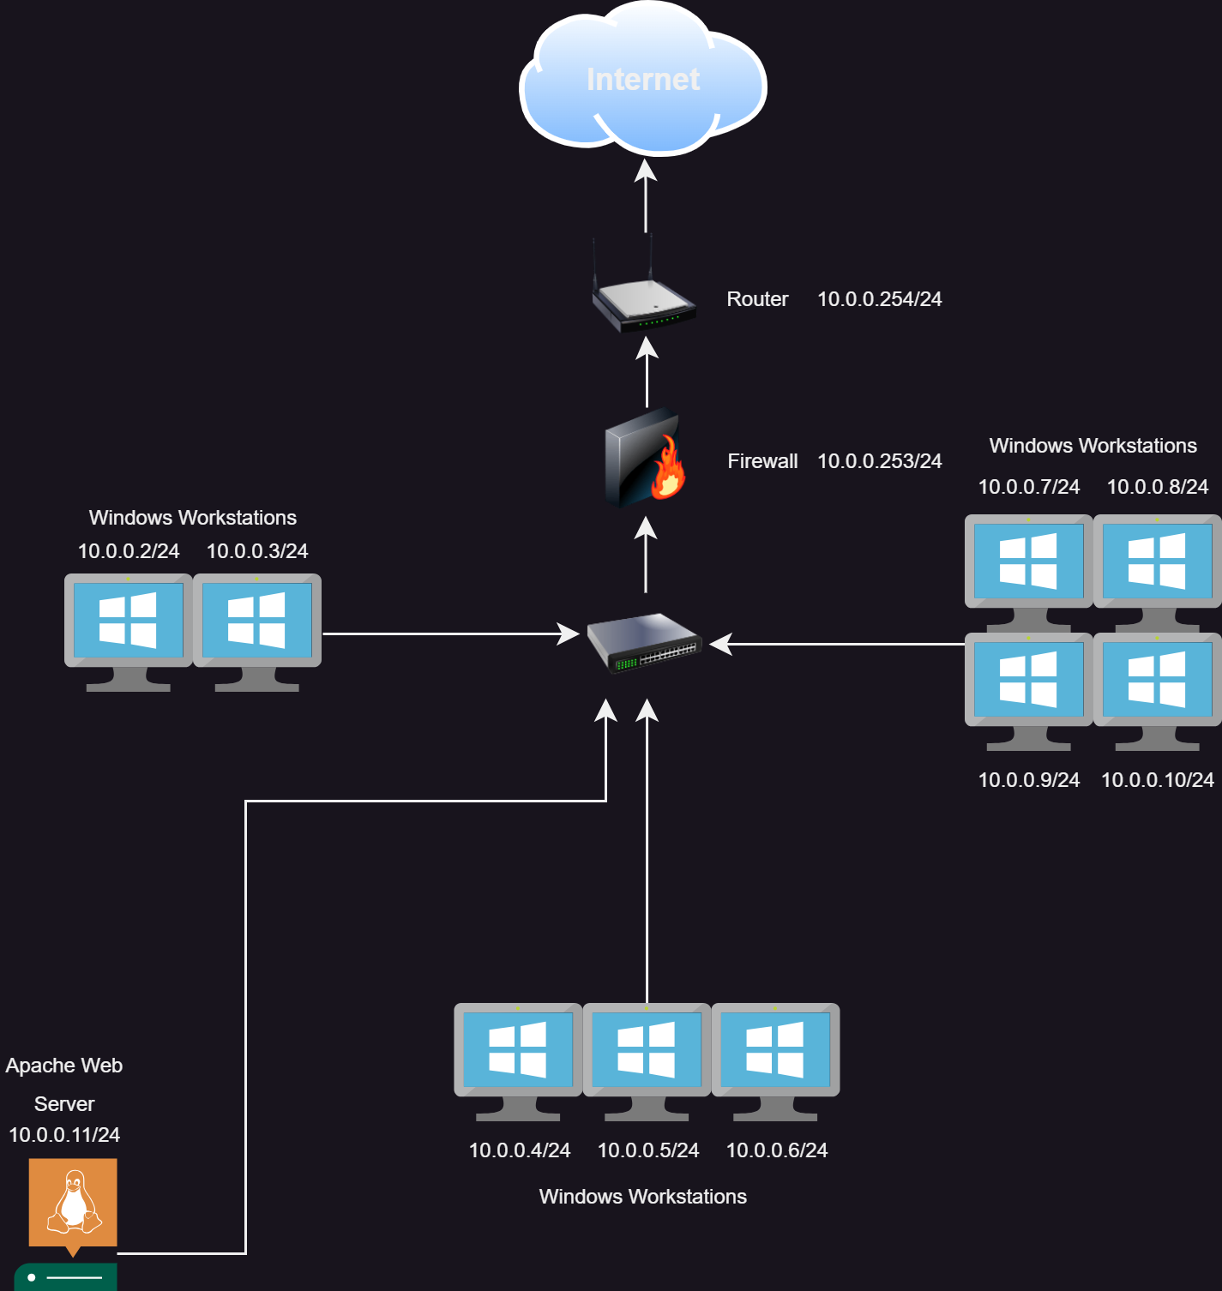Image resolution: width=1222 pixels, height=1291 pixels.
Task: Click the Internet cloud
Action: (643, 79)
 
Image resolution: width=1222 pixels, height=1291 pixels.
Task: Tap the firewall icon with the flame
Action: (646, 458)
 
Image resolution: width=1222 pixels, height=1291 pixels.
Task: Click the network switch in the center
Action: (645, 643)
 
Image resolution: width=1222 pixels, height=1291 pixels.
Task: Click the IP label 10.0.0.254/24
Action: (880, 299)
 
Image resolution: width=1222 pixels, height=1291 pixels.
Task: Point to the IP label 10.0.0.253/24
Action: (880, 461)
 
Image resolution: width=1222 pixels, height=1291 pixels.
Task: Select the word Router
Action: (757, 299)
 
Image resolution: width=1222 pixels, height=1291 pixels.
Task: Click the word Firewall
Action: (762, 461)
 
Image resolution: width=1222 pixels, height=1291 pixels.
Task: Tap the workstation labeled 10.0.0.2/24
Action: (129, 633)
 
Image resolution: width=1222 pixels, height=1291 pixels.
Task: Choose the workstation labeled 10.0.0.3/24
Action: (257, 633)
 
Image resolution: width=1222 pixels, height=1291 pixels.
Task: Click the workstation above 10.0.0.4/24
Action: (518, 1062)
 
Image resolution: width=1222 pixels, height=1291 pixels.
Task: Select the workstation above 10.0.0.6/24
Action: (775, 1062)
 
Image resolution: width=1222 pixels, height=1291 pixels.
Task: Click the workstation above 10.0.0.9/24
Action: (1029, 692)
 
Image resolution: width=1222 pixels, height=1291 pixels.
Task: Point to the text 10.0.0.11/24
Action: (64, 1135)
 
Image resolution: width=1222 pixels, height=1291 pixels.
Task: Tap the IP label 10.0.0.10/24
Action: (1158, 780)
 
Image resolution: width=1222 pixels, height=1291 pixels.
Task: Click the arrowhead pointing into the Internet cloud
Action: (646, 170)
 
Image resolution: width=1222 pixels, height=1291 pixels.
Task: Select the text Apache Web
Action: (64, 1066)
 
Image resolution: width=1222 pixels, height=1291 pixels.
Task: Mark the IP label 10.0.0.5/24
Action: (648, 1150)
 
